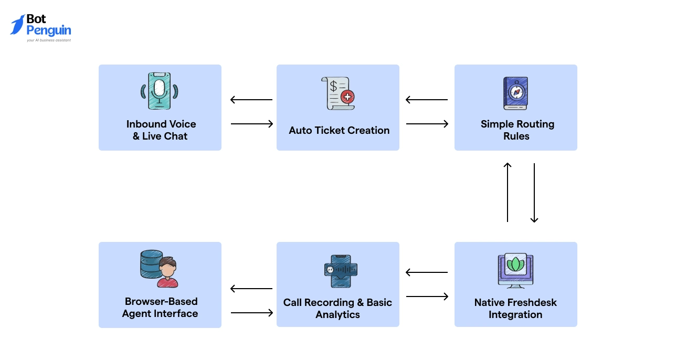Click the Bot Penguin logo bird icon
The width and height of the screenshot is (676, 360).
17,25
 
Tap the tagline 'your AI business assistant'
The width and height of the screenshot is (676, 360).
49,40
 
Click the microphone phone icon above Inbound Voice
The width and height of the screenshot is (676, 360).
159,91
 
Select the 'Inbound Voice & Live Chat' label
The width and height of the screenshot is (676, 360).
161,130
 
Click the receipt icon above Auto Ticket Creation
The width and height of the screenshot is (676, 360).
337,93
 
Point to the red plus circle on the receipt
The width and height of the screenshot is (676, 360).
347,97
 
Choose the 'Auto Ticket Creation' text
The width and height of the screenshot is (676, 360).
339,131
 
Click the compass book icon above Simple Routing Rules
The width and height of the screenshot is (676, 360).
515,93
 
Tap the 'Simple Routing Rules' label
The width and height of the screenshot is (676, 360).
517,130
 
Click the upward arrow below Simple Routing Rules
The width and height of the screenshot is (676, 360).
508,192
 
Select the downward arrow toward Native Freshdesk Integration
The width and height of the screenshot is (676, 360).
534,193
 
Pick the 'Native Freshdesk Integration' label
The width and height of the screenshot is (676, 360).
515,309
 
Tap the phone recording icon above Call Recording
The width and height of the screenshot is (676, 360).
341,271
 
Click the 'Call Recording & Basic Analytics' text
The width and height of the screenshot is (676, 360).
337,309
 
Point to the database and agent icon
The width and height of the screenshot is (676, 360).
160,268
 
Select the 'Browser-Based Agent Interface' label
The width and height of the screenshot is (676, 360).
161,308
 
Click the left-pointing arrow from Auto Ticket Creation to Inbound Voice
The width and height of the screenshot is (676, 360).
251,100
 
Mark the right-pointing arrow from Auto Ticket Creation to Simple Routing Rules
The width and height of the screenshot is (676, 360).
427,124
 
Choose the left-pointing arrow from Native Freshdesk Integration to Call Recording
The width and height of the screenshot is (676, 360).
427,272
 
